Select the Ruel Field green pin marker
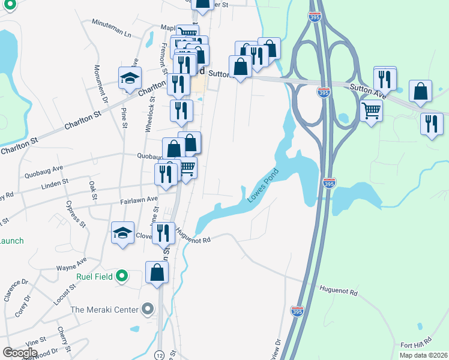tap(122, 277)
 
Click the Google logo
tap(20, 353)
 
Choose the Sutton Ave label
tap(368, 90)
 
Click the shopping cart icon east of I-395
tap(372, 109)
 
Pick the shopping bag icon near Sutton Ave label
tap(420, 91)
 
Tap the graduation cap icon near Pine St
tap(130, 78)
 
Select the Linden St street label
tap(55, 183)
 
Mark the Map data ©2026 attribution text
tap(423, 355)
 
